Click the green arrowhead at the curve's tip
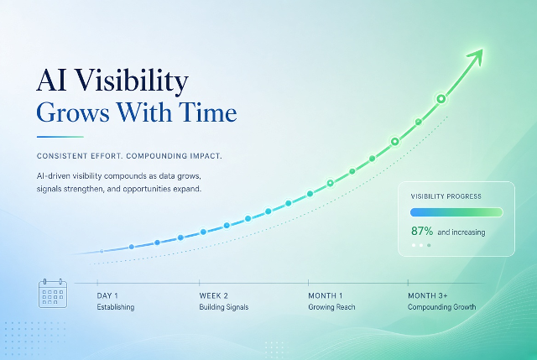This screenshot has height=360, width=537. click(477, 56)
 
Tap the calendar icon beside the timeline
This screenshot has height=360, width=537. click(53, 293)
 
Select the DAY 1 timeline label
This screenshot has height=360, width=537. click(107, 295)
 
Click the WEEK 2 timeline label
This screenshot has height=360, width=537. click(213, 295)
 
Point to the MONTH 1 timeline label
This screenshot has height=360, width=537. click(325, 295)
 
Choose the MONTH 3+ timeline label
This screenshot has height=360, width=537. click(427, 295)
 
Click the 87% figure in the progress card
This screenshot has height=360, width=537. click(422, 232)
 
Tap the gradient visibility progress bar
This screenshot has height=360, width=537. click(456, 212)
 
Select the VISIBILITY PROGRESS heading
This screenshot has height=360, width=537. click(446, 196)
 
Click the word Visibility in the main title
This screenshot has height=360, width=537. click(132, 81)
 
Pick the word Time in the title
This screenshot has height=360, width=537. click(207, 112)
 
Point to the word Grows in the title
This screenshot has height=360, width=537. click(73, 112)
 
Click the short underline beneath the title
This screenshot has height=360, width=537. click(60, 137)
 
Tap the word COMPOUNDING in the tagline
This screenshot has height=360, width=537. click(156, 156)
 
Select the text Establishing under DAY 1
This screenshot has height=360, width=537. click(116, 307)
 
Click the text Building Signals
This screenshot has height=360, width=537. click(224, 307)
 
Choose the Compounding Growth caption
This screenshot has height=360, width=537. click(442, 307)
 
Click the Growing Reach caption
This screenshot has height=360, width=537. click(331, 307)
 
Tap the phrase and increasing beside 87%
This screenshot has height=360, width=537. click(461, 232)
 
